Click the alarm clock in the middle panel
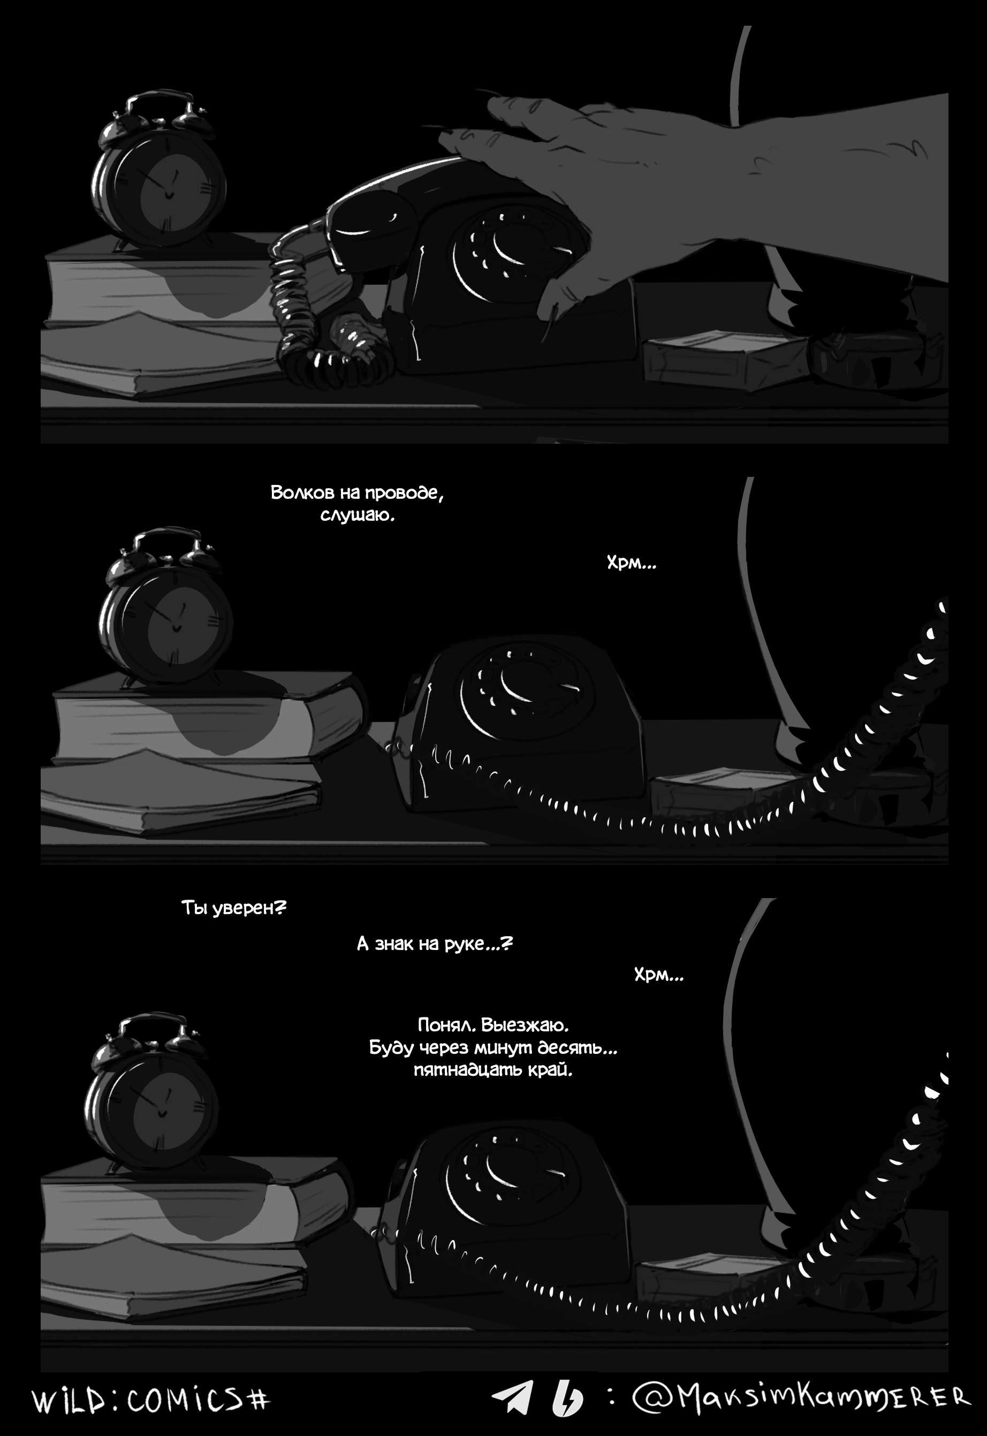click(166, 606)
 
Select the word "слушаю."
click(357, 515)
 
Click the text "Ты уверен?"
click(233, 908)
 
